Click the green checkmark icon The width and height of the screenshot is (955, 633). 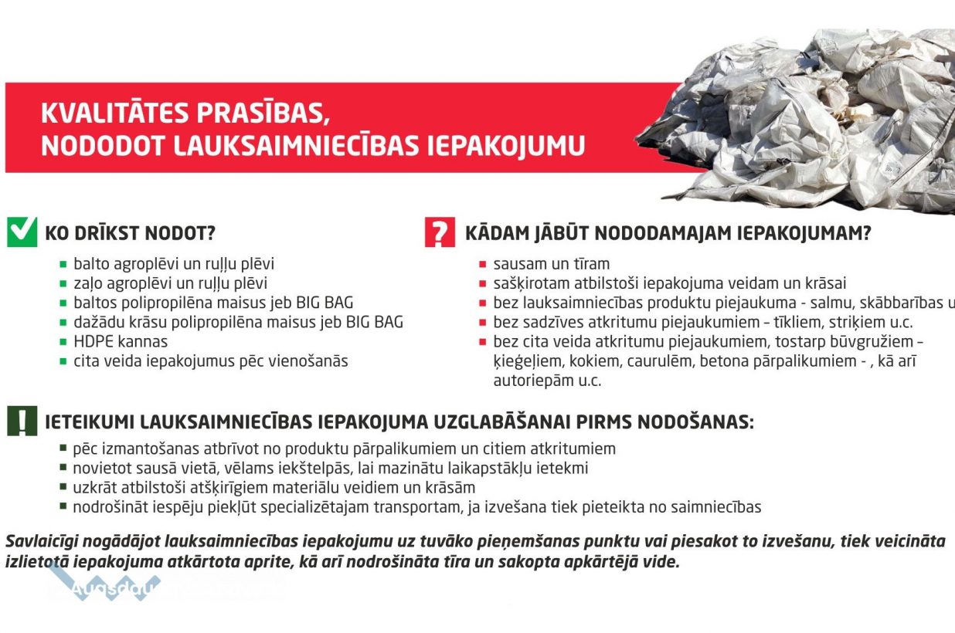[22, 232]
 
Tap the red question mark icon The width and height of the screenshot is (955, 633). [440, 232]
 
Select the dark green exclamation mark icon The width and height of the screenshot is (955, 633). [22, 421]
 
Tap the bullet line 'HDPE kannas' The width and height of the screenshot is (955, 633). [120, 341]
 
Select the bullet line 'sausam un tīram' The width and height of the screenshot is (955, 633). [551, 264]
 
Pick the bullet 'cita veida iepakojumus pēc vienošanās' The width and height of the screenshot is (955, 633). [210, 361]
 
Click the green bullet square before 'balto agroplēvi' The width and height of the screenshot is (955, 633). [63, 264]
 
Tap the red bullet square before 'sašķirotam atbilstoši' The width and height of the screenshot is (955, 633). [483, 284]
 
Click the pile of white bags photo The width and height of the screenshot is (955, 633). [804, 116]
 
